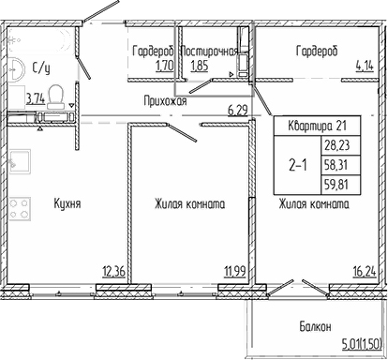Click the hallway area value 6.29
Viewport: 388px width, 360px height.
(240, 111)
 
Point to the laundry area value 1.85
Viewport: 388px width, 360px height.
(199, 67)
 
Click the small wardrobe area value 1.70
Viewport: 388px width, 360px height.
(164, 67)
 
